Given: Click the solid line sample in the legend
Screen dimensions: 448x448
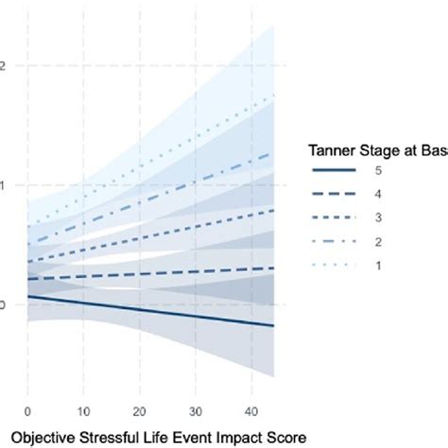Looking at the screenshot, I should pos(334,170).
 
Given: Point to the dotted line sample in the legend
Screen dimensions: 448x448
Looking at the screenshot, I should pos(334,265).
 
